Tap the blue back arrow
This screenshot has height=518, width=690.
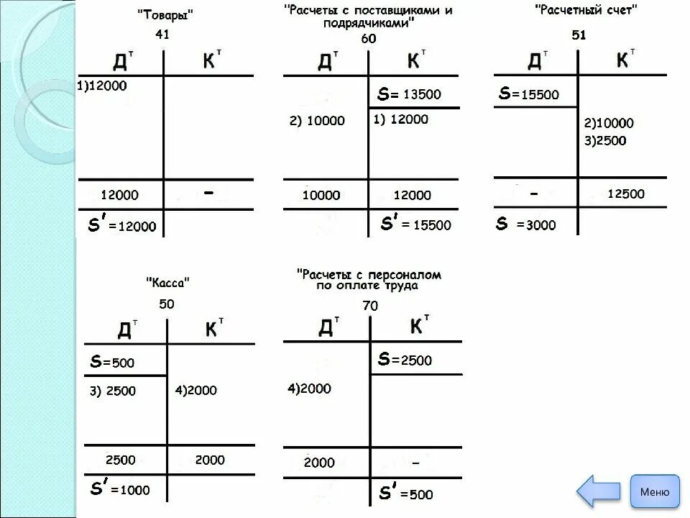(600, 492)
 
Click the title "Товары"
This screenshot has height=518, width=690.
(165, 14)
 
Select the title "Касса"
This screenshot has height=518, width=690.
(167, 282)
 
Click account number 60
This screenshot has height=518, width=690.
(368, 39)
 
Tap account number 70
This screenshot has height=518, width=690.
(370, 306)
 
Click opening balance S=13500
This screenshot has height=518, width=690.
(410, 94)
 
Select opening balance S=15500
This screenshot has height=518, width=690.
(528, 94)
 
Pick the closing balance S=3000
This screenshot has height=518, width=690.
(526, 224)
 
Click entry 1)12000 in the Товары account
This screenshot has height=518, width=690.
(101, 85)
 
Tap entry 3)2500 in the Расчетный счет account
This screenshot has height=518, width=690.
(605, 141)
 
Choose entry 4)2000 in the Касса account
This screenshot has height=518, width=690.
(195, 390)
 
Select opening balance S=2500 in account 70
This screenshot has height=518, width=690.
(405, 360)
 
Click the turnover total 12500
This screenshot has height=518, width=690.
(626, 194)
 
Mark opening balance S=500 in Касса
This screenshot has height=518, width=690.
(112, 363)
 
